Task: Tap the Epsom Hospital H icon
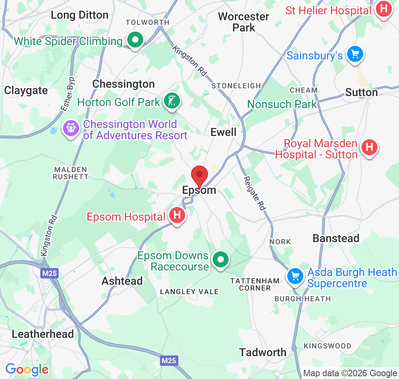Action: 178,215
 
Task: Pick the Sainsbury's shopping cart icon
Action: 355,54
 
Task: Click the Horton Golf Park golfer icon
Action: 172,101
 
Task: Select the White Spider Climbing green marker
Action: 135,40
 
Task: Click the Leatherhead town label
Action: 43,334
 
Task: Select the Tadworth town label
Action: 263,352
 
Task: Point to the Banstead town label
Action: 336,238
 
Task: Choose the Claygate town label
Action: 26,91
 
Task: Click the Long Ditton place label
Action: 80,15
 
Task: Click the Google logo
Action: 27,369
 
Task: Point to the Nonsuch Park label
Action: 282,104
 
